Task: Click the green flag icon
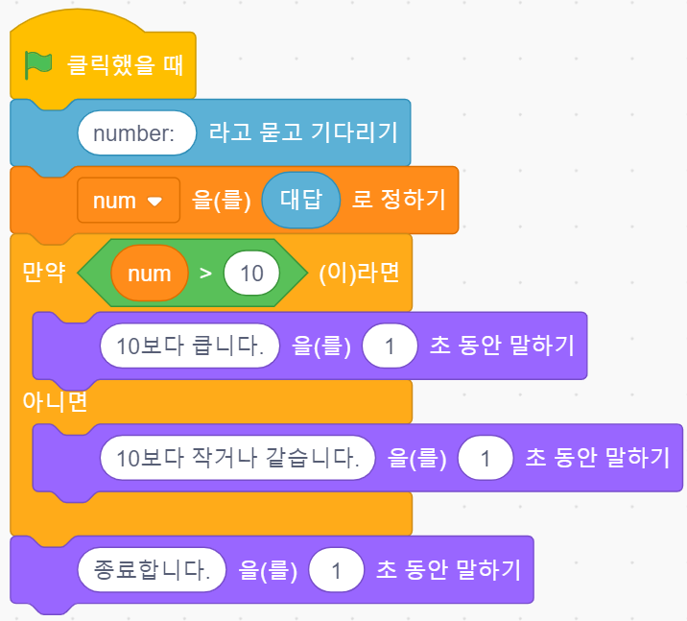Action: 38,65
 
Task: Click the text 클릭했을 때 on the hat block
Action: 125,66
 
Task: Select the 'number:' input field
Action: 136,133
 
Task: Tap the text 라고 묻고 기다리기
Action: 302,133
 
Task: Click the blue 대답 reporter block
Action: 300,201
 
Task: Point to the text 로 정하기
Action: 398,201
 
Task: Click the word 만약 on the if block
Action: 44,273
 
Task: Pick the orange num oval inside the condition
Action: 149,274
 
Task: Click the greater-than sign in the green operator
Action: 205,274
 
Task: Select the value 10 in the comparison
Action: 251,274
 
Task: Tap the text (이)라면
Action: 358,273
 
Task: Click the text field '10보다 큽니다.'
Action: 189,346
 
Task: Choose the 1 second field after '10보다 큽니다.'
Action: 390,346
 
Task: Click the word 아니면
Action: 55,401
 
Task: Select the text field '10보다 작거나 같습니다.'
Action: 236,458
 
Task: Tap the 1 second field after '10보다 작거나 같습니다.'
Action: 486,458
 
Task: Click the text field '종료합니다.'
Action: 152,572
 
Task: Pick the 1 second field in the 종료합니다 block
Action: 336,572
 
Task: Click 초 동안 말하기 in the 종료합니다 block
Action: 448,571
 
